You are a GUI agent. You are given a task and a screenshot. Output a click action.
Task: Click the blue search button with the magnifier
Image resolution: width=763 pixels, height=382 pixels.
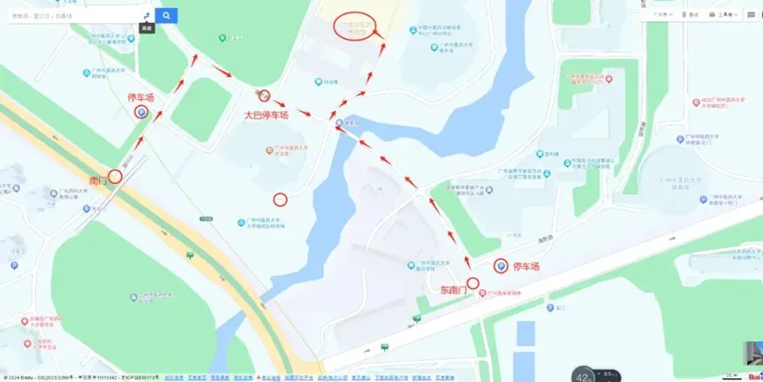click(166, 16)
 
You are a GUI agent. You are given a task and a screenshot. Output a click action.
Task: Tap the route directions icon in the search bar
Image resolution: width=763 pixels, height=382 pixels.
click(146, 16)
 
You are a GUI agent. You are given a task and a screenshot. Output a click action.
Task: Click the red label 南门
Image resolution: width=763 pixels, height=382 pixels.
click(97, 181)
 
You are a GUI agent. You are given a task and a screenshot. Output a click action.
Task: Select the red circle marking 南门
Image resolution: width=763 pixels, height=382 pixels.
click(115, 176)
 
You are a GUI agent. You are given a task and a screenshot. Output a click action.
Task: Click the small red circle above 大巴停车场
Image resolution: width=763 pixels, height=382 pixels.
click(264, 96)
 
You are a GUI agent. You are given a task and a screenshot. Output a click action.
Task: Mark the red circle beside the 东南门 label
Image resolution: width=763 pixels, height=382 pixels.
click(472, 283)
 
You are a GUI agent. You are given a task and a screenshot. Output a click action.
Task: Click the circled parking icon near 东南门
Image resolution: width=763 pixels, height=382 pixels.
click(501, 266)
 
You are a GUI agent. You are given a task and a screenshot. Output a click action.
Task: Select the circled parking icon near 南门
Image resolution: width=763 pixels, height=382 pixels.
click(140, 112)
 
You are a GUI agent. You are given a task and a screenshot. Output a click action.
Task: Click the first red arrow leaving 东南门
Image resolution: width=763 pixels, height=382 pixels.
click(467, 263)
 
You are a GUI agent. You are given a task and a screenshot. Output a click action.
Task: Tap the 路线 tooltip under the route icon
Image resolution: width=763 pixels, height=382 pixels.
click(146, 28)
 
